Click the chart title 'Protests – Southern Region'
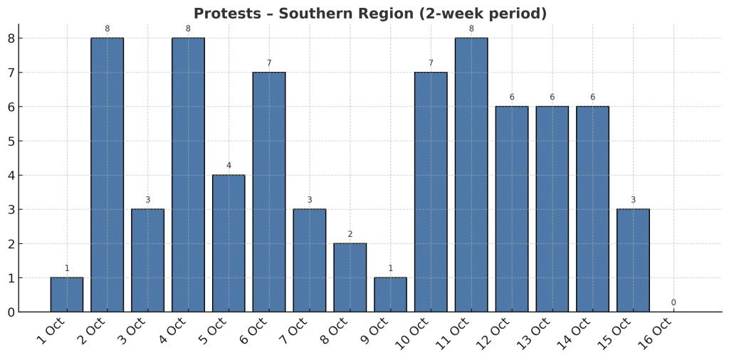click(x=370, y=14)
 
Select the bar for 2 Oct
click(x=107, y=174)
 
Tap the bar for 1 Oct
click(x=67, y=295)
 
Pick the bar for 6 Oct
click(x=269, y=192)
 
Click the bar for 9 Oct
click(x=390, y=295)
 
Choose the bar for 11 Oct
click(x=471, y=174)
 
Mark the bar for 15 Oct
click(x=633, y=260)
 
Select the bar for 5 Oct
click(x=229, y=243)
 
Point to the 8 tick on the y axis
click(x=11, y=38)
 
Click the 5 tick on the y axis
click(x=11, y=141)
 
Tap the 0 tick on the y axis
click(x=11, y=312)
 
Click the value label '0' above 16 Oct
click(x=673, y=302)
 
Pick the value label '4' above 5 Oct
click(x=229, y=166)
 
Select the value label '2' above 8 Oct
click(x=350, y=234)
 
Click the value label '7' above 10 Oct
click(x=431, y=63)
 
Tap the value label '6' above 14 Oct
click(x=592, y=97)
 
